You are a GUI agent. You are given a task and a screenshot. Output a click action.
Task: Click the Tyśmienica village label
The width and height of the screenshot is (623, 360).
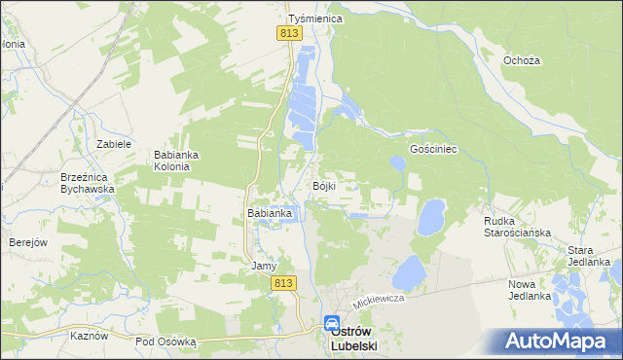[311, 18]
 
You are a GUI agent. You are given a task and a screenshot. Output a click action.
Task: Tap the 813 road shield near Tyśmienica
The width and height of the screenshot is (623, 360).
[288, 33]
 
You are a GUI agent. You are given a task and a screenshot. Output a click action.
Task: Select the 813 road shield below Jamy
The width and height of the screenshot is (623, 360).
[283, 282]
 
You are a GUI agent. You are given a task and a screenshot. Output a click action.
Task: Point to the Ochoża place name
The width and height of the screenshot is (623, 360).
[522, 60]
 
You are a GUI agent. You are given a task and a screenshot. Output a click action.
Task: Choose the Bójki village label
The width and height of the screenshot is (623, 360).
[324, 186]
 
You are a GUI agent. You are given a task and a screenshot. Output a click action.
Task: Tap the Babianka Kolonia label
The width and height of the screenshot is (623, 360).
[177, 161]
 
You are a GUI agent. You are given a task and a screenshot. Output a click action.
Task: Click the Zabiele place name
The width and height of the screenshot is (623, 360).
[114, 143]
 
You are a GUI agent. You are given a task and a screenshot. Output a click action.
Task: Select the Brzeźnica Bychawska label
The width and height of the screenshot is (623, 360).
[88, 183]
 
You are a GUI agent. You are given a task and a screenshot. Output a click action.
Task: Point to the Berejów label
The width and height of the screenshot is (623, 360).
[28, 242]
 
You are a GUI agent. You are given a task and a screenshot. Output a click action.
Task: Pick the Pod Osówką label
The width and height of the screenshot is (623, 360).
[166, 342]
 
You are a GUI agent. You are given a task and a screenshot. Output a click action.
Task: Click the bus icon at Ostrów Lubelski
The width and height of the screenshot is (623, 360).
[332, 324]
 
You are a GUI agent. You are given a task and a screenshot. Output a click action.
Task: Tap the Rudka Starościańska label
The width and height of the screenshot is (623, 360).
[518, 227]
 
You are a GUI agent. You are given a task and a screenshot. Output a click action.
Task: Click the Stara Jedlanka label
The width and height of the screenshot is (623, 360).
[589, 256]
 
